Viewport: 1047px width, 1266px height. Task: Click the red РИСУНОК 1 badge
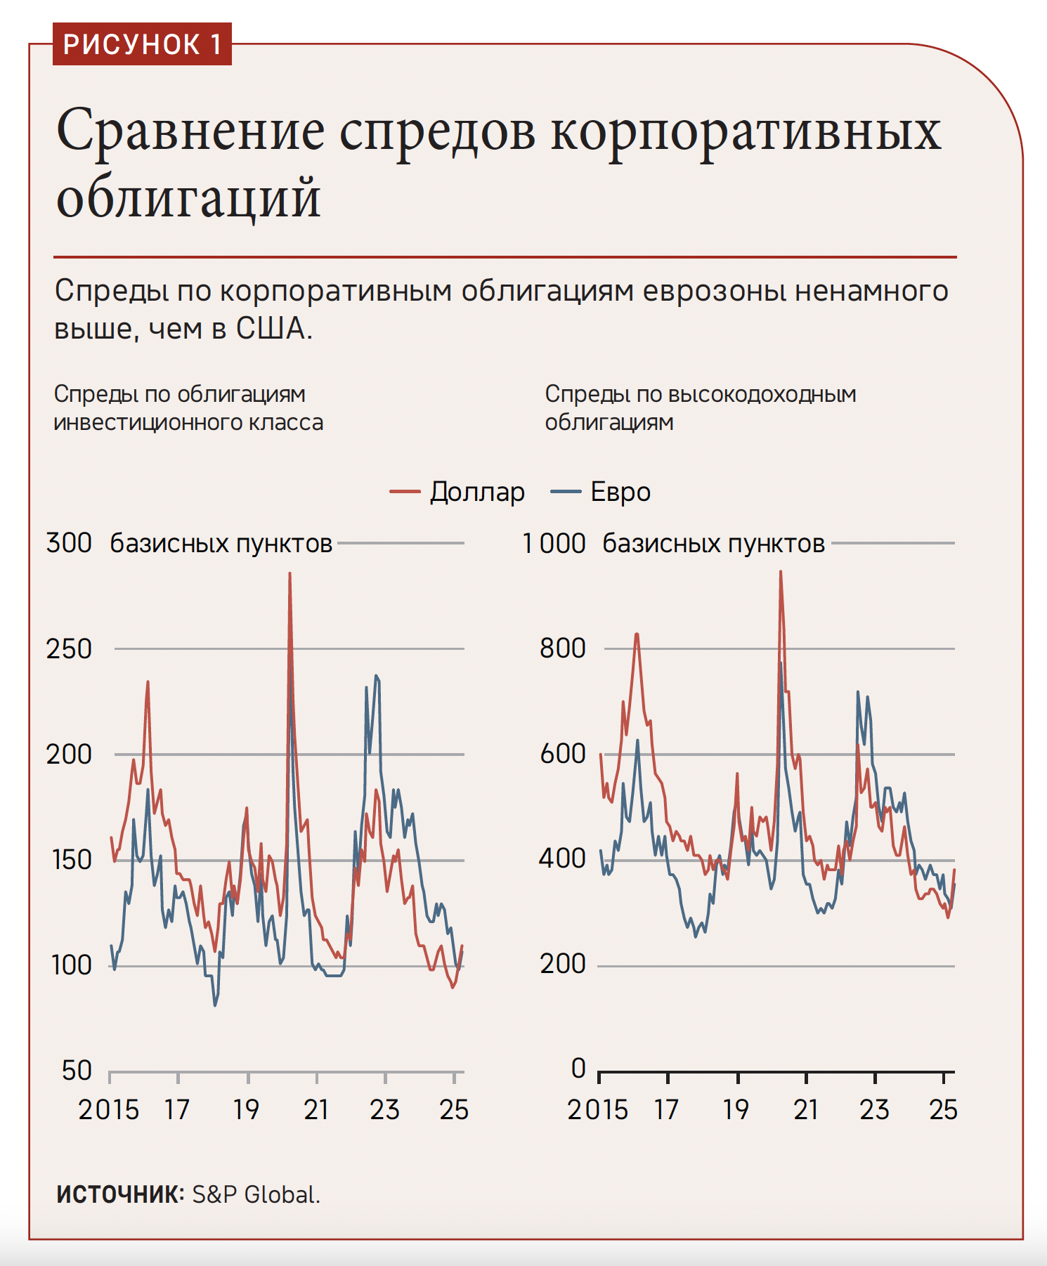(x=142, y=44)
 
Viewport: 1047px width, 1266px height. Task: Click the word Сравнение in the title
(x=190, y=131)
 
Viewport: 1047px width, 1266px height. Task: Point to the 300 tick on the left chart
(x=69, y=543)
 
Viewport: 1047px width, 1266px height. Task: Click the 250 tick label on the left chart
(x=69, y=648)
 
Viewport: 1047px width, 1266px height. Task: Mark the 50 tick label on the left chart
(x=77, y=1070)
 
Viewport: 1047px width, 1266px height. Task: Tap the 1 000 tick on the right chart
(x=554, y=543)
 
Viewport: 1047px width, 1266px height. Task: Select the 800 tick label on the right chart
(x=562, y=648)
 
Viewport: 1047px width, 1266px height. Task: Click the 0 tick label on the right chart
(x=578, y=1068)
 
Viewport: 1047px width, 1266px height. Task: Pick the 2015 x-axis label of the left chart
(x=109, y=1109)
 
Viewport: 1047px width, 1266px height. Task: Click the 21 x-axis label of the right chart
(x=807, y=1109)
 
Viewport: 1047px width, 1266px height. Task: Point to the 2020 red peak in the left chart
(x=290, y=574)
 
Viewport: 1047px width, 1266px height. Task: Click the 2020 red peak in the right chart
(x=780, y=573)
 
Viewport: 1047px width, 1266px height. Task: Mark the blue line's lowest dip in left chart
(x=215, y=1005)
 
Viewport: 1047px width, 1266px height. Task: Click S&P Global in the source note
(x=256, y=1194)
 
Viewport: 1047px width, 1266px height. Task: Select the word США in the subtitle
(x=272, y=329)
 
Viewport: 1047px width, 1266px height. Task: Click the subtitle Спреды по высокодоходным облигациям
(x=700, y=407)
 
